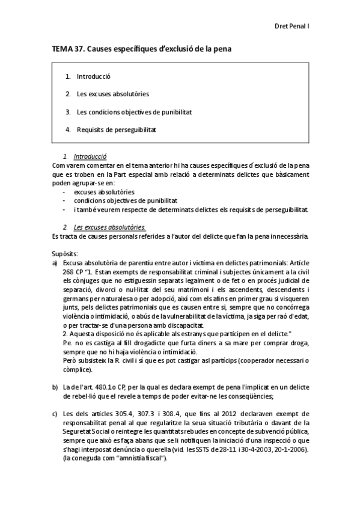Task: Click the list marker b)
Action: (55, 387)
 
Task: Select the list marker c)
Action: (55, 413)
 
